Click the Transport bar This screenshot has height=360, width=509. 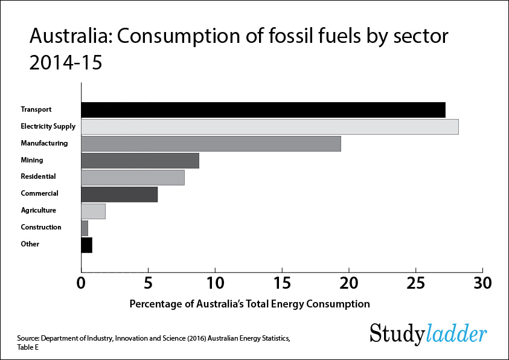263,110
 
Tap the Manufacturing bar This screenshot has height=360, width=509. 211,144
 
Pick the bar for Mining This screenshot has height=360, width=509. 140,161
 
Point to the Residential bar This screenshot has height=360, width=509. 133,178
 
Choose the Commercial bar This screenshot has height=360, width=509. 120,194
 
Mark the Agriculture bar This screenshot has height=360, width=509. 94,211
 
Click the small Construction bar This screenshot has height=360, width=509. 85,228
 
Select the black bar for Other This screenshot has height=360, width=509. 87,245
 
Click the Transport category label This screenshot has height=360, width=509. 36,110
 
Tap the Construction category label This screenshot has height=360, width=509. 41,228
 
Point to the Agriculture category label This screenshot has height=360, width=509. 39,211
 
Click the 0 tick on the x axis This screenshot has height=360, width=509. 81,283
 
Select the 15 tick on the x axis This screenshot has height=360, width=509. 282,283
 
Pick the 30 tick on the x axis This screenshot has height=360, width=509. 482,283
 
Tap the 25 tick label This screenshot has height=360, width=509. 415,283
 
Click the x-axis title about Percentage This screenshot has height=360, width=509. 249,304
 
